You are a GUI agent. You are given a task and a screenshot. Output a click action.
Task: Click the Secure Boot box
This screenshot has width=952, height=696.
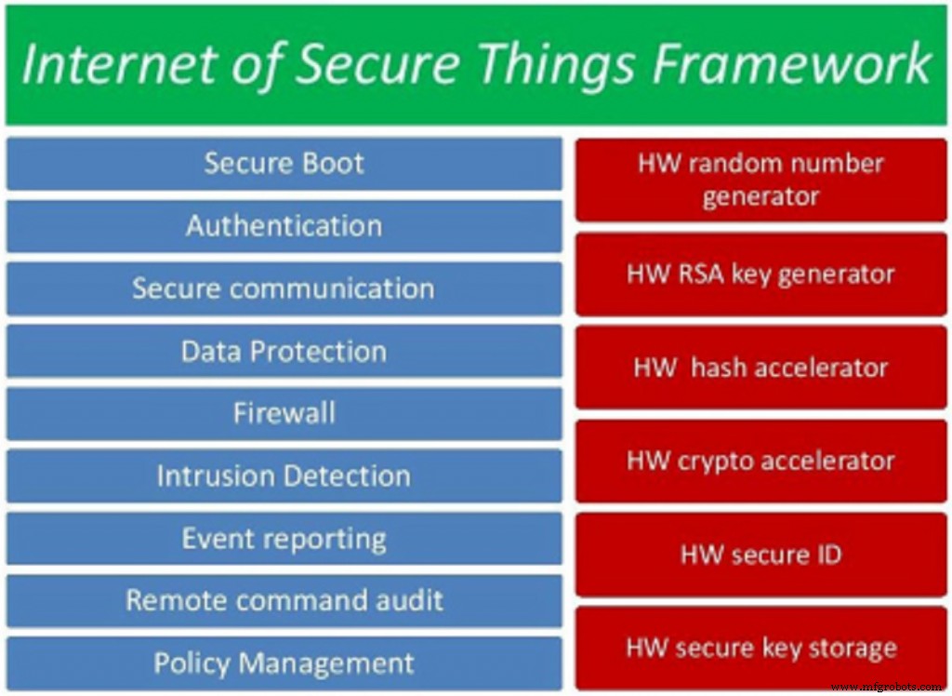(284, 164)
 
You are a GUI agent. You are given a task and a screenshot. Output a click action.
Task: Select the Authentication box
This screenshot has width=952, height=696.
(284, 226)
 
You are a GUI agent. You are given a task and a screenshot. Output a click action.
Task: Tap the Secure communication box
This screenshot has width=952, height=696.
(284, 288)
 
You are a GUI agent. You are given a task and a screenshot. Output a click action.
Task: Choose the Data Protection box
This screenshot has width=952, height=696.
(284, 351)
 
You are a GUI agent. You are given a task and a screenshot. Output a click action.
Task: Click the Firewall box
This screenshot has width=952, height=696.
(284, 413)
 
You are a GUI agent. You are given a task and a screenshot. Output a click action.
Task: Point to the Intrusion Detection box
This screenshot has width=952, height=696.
(284, 475)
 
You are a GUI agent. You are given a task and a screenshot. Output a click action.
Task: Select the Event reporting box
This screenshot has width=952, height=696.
(284, 539)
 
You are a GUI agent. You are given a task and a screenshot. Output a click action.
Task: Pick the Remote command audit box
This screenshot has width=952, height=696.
(284, 600)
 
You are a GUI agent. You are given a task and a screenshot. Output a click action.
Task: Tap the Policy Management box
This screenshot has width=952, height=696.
(284, 663)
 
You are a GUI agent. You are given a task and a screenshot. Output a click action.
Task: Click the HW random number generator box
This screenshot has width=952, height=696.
(760, 180)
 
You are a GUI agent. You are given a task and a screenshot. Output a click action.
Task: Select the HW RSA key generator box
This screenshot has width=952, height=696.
(760, 274)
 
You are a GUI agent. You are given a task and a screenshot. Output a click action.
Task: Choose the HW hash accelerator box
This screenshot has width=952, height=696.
(760, 367)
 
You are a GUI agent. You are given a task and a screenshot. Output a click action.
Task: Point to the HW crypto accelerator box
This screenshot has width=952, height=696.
(760, 461)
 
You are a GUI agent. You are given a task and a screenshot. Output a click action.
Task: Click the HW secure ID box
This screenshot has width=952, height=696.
(760, 555)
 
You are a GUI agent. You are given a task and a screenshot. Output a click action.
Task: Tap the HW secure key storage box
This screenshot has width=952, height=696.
(760, 648)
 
